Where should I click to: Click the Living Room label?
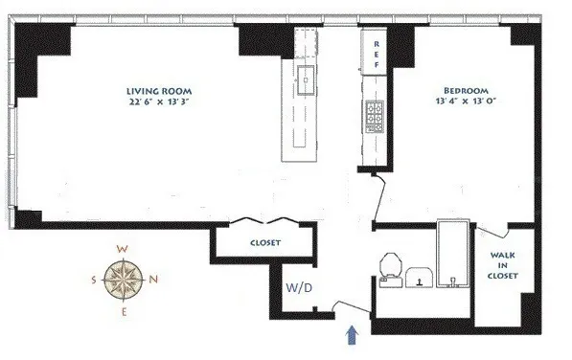(156, 92)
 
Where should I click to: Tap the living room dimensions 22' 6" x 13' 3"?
(157, 105)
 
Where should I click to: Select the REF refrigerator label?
(376, 56)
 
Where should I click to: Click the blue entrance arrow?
(354, 333)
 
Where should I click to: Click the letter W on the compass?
(123, 249)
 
